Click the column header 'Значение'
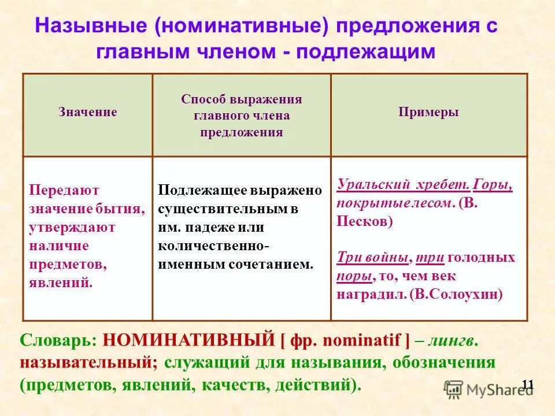click(x=87, y=112)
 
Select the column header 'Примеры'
click(x=428, y=112)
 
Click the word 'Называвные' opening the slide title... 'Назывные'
click(x=92, y=27)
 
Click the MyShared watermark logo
click(x=489, y=388)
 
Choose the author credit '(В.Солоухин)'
click(x=456, y=294)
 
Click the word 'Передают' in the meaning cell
click(x=64, y=190)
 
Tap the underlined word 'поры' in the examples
click(x=354, y=276)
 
